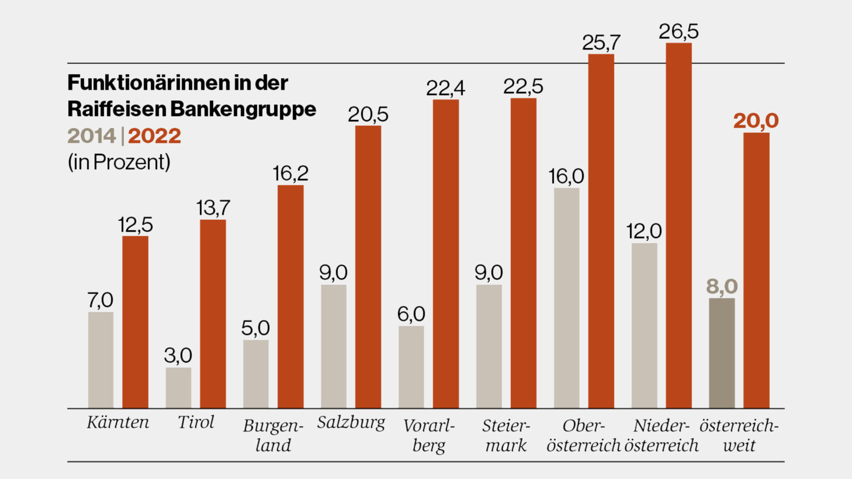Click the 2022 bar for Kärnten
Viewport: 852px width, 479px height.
[x=135, y=322]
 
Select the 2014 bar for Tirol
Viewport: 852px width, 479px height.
[x=178, y=388]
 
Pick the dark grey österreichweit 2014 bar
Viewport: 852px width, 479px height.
[x=722, y=353]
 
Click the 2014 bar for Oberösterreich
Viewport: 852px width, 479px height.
[x=567, y=298]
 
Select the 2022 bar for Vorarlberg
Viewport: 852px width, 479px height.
[x=446, y=254]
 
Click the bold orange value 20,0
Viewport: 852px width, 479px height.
[x=756, y=121]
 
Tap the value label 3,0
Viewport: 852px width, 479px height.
[x=178, y=355]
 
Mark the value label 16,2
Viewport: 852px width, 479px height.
[x=290, y=173]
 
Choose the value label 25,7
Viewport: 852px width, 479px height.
[x=601, y=43]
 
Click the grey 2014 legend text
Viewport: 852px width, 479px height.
[x=91, y=136]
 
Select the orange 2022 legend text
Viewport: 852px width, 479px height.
[x=154, y=136]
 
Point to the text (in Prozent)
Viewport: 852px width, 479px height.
[x=119, y=162]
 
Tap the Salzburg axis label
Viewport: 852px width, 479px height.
[x=351, y=423]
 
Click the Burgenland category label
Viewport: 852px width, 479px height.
[x=273, y=435]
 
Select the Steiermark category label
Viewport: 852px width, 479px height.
[x=506, y=435]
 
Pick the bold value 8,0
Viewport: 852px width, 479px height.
[x=722, y=287]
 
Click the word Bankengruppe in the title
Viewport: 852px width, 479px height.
[x=243, y=110]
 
